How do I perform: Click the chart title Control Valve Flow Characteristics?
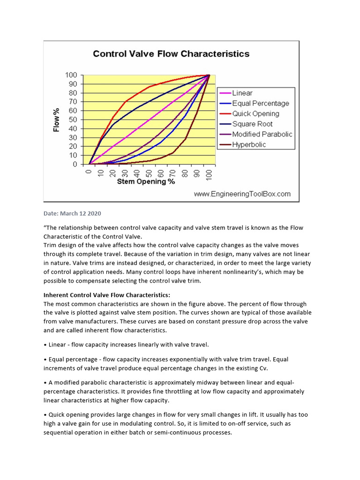pos(171,53)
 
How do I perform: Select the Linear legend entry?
pos(242,93)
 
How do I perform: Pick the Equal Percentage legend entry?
pos(261,103)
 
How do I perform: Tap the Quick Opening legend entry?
pos(255,113)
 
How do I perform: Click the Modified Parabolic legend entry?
pos(262,134)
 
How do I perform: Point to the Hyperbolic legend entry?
pos(249,144)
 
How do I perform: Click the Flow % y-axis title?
pos(57,120)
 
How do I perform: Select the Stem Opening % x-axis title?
pos(146,181)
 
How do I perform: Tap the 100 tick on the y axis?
pos(71,75)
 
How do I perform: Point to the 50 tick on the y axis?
pos(73,120)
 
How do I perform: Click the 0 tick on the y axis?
pos(75,165)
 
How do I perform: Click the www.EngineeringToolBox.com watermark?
pos(242,194)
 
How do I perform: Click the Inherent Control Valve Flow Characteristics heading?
pos(107,295)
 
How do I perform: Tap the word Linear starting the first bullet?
pos(59,345)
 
